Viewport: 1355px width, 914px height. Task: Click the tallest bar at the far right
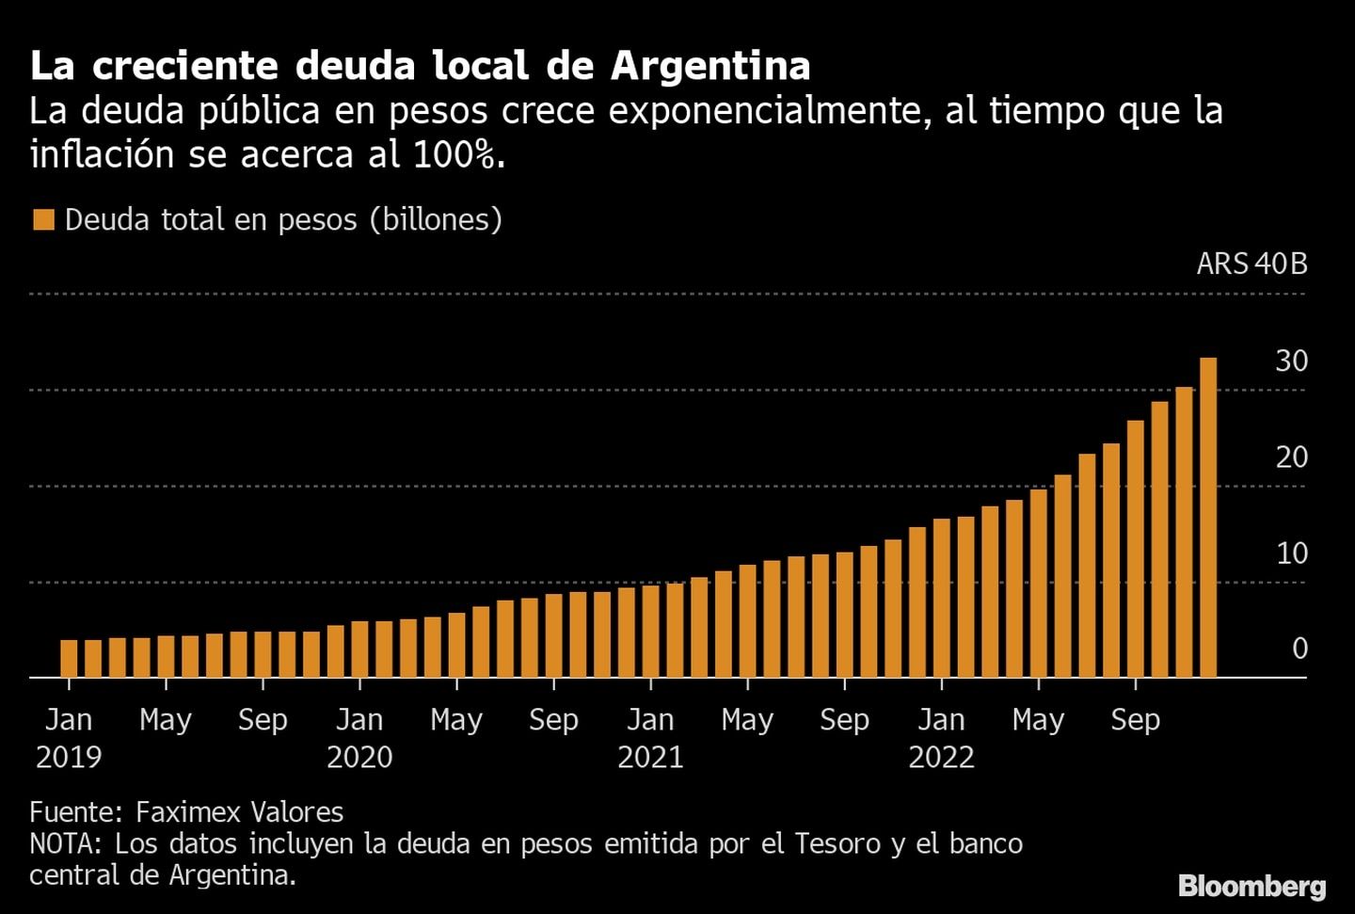coord(1207,517)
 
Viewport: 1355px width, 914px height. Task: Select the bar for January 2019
coord(69,658)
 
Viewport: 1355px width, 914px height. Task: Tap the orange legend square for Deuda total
coord(43,220)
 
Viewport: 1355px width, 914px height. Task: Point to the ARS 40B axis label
coord(1251,264)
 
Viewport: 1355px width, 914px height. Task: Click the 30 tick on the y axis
coord(1291,361)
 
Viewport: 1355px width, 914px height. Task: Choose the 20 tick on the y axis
coord(1291,457)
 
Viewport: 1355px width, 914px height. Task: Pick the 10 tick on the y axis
coord(1291,553)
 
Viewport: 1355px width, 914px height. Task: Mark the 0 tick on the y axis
coord(1299,649)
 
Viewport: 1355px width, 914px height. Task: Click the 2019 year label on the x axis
coord(69,757)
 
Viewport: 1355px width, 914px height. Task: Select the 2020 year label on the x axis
coord(359,757)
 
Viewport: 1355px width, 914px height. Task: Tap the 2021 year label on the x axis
coord(650,757)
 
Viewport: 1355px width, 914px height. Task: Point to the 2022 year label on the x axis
coord(941,757)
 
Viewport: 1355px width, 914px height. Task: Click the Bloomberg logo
coord(1251,886)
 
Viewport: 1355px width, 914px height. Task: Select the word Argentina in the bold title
coord(710,66)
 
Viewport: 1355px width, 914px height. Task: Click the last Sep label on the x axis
coord(1135,720)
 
